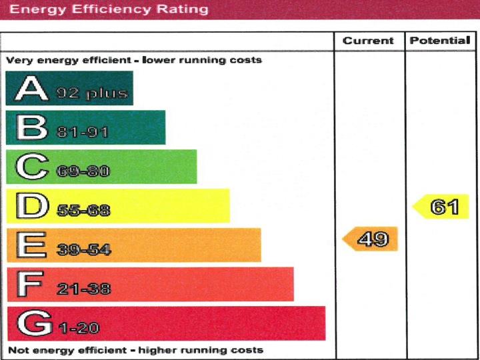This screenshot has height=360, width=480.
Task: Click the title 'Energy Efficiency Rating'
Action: (x=109, y=10)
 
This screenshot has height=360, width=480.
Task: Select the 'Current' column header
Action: (x=368, y=41)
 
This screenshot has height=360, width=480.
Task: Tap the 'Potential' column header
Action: (x=440, y=41)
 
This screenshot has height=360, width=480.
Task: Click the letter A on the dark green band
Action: (x=31, y=89)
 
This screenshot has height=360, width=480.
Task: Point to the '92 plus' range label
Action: (x=91, y=93)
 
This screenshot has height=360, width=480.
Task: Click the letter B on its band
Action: (x=31, y=127)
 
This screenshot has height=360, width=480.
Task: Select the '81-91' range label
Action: (x=83, y=133)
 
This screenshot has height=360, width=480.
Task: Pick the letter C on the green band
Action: (x=31, y=167)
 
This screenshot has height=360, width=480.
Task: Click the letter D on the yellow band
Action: (x=31, y=206)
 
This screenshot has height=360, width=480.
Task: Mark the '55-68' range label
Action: (x=83, y=211)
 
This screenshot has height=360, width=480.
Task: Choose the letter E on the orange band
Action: (x=31, y=245)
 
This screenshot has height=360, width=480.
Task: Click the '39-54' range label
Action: (x=83, y=251)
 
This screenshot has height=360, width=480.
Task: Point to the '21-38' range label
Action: (x=83, y=289)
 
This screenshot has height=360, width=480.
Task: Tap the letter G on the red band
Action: (x=32, y=323)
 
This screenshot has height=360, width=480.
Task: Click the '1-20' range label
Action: (x=79, y=329)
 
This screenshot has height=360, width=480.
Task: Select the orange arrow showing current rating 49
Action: (x=371, y=239)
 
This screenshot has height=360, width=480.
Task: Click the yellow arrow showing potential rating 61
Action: (x=441, y=207)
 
